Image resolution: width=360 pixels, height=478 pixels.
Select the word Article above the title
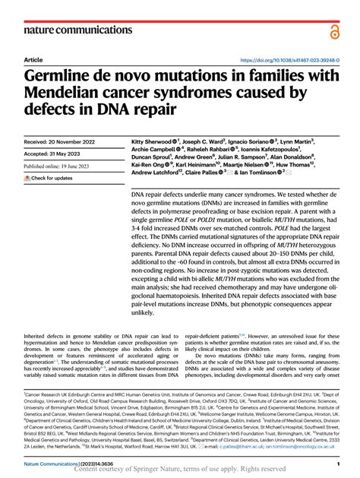(x=33, y=59)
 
